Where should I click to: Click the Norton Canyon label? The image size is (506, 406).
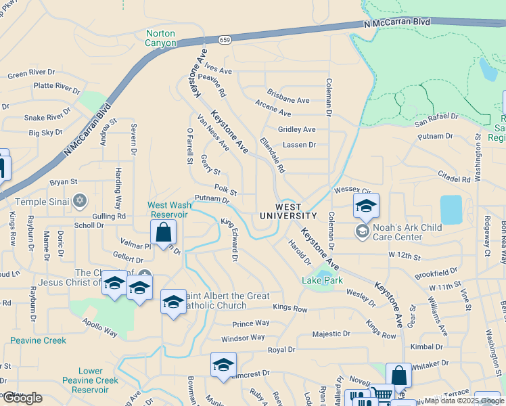160,39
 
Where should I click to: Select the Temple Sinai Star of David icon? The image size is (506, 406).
80,200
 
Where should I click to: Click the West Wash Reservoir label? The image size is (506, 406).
168,209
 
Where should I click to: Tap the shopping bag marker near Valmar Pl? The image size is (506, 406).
163,233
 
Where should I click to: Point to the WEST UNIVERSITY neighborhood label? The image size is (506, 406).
287,210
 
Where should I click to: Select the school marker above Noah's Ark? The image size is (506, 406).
366,206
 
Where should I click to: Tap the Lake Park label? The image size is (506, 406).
322,280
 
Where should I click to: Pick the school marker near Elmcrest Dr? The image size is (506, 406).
223,365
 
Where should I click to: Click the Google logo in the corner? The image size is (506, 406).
22,398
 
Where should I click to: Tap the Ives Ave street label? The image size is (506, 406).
218,70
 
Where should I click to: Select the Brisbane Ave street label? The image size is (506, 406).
287,99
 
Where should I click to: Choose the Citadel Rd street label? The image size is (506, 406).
453,179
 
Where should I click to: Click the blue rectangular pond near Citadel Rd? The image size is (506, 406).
451,210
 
